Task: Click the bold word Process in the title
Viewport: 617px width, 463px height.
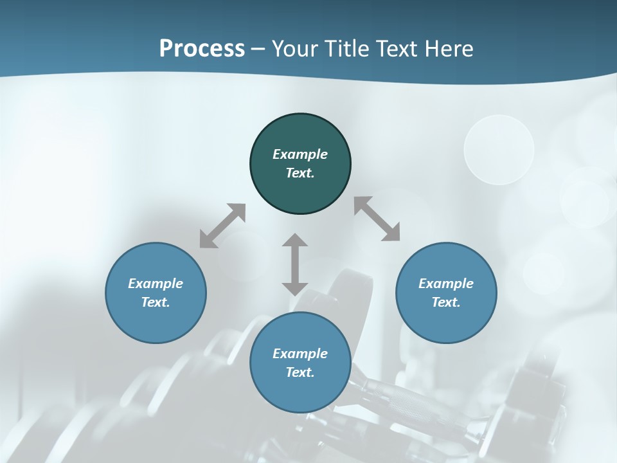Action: pos(202,49)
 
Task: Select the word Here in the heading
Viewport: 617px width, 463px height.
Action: pos(449,49)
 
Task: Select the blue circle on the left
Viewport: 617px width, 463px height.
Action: pos(156,322)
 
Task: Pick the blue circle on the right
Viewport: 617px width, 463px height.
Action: pos(446,322)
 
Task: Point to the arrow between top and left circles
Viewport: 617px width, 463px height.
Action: pos(222,226)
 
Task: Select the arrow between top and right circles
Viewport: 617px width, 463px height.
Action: pos(377,219)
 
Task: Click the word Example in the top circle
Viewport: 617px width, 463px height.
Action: pos(300,154)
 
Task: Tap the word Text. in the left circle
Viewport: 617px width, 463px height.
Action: pos(156,302)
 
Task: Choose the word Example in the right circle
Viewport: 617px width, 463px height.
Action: pos(446,284)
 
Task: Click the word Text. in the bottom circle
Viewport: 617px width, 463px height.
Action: pos(300,372)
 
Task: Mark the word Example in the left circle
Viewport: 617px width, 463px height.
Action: pos(156,284)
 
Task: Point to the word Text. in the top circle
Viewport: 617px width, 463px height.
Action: pos(300,173)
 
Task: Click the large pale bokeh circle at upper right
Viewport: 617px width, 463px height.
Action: pos(499,150)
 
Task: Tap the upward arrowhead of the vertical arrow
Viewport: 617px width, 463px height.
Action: pos(295,241)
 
